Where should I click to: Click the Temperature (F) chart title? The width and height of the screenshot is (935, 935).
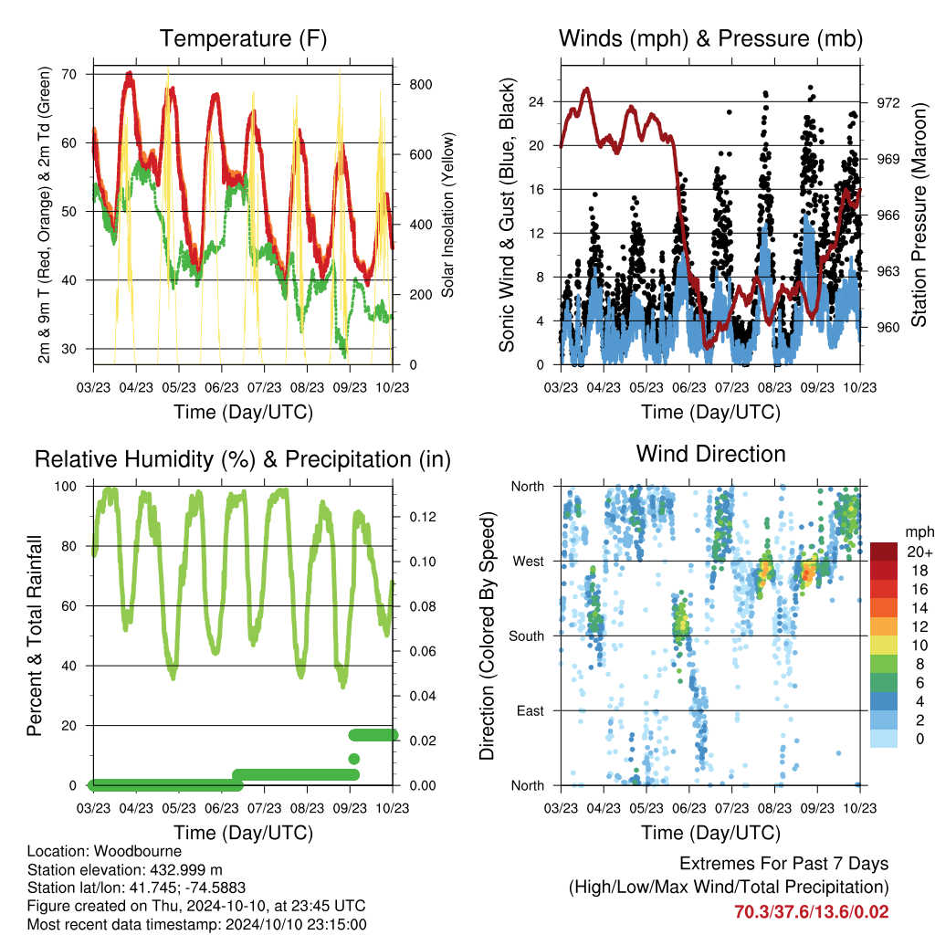[243, 38]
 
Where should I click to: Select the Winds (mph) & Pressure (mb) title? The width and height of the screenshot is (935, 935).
[710, 38]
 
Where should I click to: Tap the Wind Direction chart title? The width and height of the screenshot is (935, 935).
[710, 454]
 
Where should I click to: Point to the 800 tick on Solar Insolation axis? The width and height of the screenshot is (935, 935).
[421, 85]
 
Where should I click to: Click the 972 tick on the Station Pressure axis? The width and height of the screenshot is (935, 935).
[888, 103]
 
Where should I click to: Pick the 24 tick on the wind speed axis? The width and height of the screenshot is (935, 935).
[537, 102]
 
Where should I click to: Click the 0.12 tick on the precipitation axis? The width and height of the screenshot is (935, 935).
[423, 517]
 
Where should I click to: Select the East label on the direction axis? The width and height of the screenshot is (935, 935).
[531, 710]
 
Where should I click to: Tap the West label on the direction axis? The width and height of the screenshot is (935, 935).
[529, 562]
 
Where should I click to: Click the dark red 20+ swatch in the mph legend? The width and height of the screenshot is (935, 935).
[884, 552]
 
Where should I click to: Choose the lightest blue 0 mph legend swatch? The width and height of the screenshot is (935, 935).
[884, 738]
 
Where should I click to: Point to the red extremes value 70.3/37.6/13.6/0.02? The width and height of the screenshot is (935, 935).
[812, 912]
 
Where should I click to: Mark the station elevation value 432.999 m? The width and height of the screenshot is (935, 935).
[185, 870]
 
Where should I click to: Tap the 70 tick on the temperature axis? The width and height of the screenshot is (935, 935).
[69, 75]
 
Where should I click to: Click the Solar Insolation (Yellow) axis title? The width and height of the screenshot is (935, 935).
[447, 215]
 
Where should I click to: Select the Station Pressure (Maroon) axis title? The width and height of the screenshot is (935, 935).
[919, 215]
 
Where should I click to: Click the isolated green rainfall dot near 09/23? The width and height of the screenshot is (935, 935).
[353, 759]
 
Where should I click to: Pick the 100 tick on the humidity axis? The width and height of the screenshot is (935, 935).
[66, 487]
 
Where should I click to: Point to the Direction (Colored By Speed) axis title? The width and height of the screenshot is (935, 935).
[488, 636]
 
